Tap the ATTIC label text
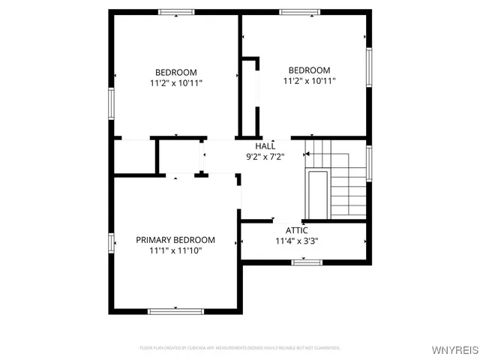[x=297, y=230]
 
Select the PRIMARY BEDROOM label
[x=175, y=240]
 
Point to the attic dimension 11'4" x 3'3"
[x=297, y=241]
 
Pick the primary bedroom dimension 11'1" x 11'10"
[x=175, y=251]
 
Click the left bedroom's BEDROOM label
[x=175, y=72]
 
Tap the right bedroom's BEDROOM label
[x=309, y=70]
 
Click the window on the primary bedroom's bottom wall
[x=176, y=310]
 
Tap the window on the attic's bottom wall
[x=306, y=262]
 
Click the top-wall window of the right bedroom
[x=301, y=12]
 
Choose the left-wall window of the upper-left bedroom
[x=112, y=103]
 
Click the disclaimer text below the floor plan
[x=240, y=348]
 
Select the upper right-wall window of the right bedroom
[x=368, y=67]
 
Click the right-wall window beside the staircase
[x=368, y=163]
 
